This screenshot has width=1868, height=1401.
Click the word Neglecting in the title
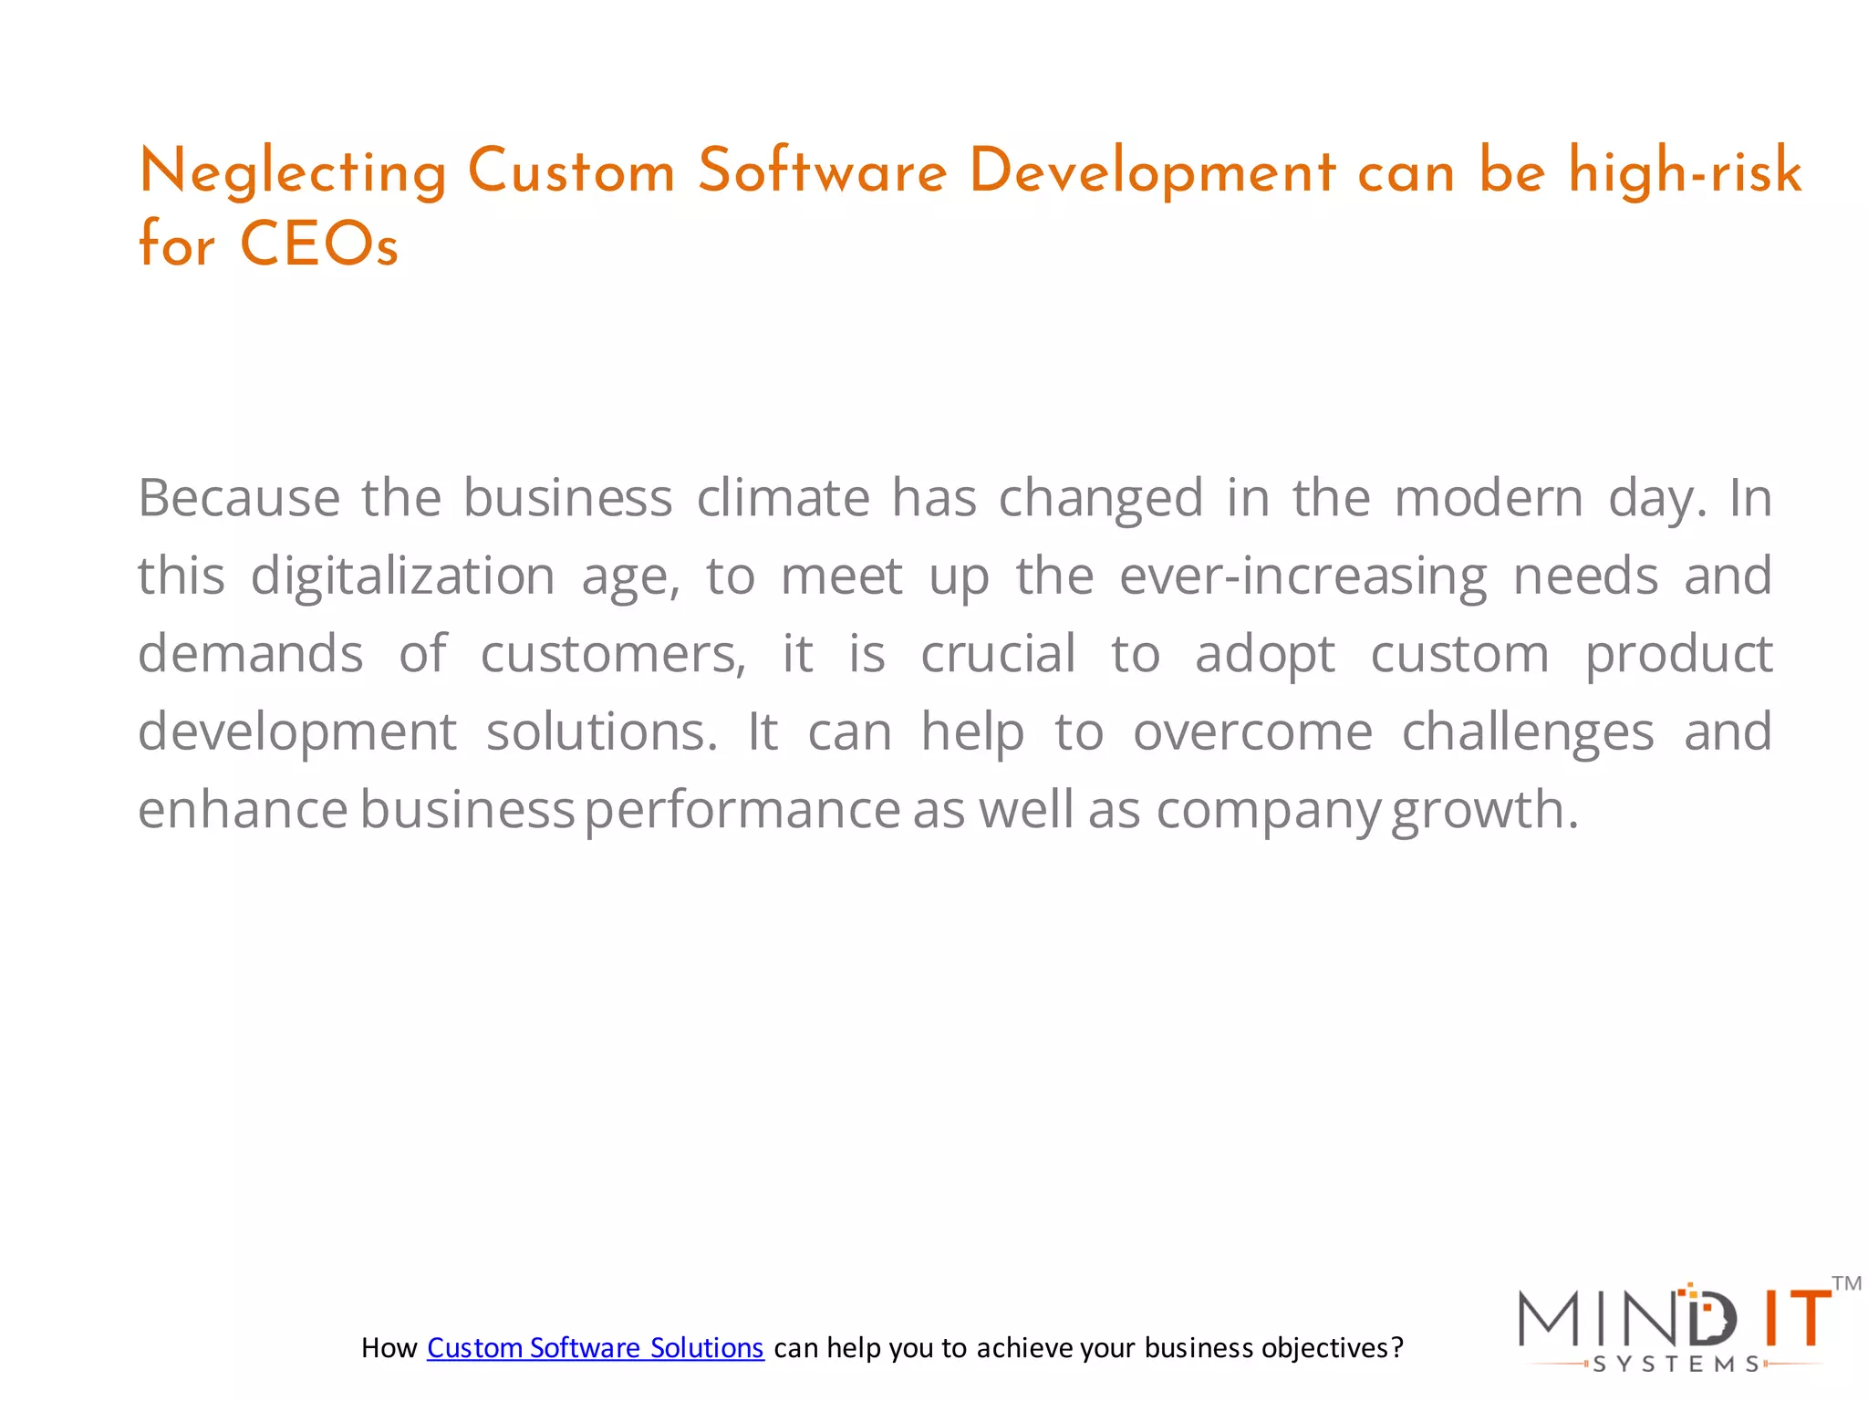[293, 173]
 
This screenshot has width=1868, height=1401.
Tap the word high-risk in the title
[1685, 171]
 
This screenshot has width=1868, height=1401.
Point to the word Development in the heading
[1152, 173]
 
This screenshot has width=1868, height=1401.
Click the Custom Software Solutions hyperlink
[595, 1347]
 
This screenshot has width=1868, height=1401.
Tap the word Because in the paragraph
[239, 498]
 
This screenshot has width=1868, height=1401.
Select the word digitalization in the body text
[402, 576]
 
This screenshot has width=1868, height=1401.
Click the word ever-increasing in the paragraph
[1303, 576]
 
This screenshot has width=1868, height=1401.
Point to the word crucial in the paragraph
[998, 654]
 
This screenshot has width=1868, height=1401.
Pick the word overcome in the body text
[1252, 732]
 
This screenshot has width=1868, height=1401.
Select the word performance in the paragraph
[742, 810]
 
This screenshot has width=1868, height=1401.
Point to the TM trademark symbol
[1846, 1284]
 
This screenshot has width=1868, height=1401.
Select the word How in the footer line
[389, 1348]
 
